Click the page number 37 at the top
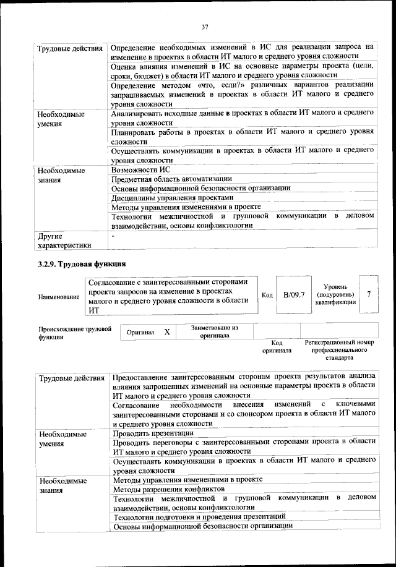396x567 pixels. [x=204, y=27]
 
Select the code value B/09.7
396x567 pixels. [x=294, y=294]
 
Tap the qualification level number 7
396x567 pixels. [x=369, y=294]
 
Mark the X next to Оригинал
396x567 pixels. [x=167, y=332]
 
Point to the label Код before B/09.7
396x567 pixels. [x=267, y=295]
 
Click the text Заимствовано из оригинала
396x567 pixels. [x=215, y=331]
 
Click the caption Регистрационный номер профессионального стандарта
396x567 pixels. [x=339, y=349]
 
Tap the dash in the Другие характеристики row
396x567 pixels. [x=113, y=236]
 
